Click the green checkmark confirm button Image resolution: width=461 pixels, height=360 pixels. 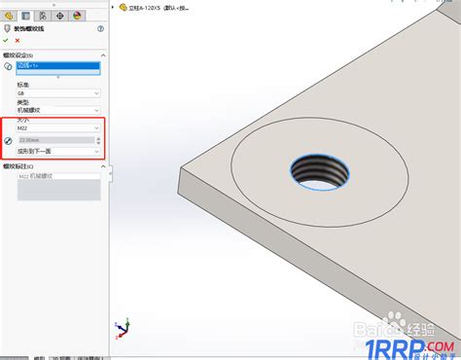pyautogui.click(x=6, y=41)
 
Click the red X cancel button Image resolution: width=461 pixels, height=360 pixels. pyautogui.click(x=18, y=41)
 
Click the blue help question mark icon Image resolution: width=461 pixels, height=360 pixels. pyautogui.click(x=100, y=29)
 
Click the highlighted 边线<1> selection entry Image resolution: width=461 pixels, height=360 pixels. pyautogui.click(x=58, y=65)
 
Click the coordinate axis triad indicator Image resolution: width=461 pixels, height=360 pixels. pyautogui.click(x=120, y=326)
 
